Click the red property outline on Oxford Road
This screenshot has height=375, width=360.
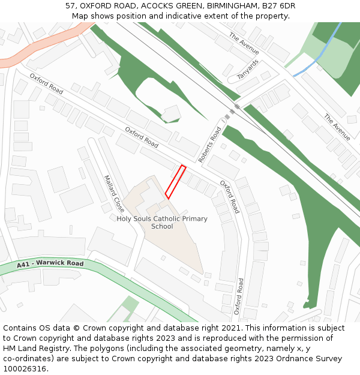pyautogui.click(x=175, y=182)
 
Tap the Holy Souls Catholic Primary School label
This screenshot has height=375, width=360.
pyautogui.click(x=162, y=223)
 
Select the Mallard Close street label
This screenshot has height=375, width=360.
pyautogui.click(x=113, y=194)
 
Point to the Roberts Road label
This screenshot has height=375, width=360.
pyautogui.click(x=210, y=145)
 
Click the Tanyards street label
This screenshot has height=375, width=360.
pyautogui.click(x=248, y=69)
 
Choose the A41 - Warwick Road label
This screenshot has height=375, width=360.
pyautogui.click(x=50, y=263)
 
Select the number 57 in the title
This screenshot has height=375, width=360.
pyautogui.click(x=70, y=6)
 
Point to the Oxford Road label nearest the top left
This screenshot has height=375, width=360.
pyautogui.click(x=46, y=83)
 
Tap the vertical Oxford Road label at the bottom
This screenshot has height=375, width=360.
pyautogui.click(x=239, y=296)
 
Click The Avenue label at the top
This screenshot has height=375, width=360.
pyautogui.click(x=244, y=43)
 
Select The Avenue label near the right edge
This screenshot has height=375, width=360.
pyautogui.click(x=337, y=127)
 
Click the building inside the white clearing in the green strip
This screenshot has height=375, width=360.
pyautogui.click(x=172, y=113)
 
